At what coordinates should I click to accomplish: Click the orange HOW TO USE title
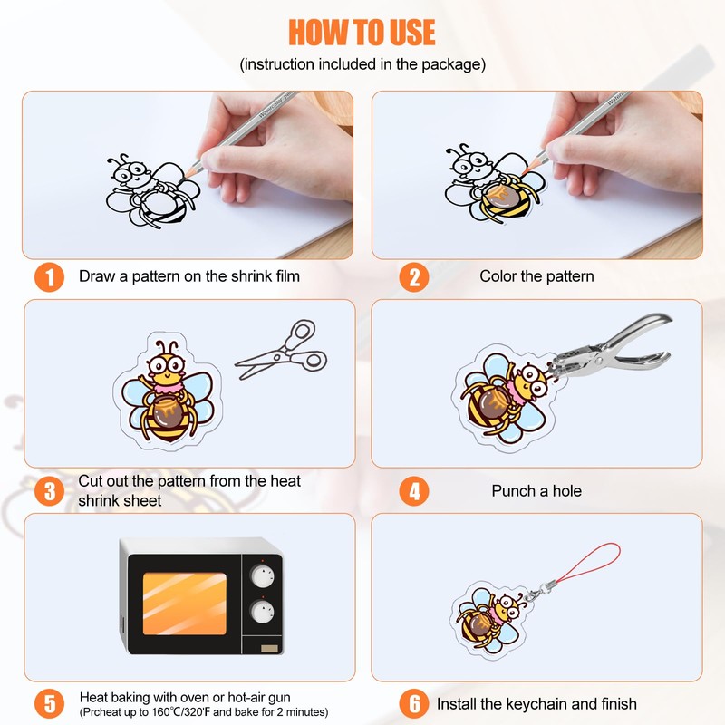pos(362,32)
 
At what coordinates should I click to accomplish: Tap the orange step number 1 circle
pos(49,277)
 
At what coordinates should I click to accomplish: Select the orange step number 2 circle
pos(414,277)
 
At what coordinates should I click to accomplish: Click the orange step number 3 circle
pos(49,491)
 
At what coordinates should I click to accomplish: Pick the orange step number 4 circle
pos(414,491)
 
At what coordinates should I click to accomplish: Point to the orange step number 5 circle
pos(49,704)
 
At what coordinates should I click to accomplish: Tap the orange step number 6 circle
pos(414,704)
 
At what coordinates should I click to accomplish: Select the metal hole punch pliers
pos(610,347)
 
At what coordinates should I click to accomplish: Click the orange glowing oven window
pos(185,604)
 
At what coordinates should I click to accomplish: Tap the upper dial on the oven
pos(262,576)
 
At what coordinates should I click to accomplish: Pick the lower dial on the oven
pos(262,611)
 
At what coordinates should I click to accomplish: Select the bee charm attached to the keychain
pos(491,621)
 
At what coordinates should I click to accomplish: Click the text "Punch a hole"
pos(536,491)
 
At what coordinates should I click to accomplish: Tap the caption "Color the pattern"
pos(536,276)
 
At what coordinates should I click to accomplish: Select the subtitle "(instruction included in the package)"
pos(362,64)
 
